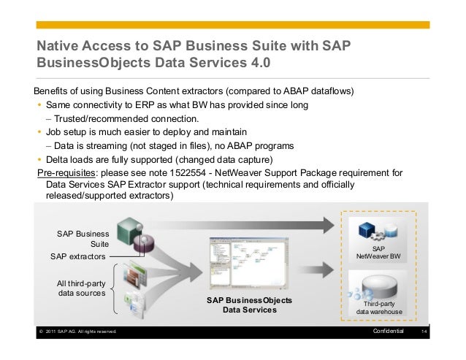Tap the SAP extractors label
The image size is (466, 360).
77,257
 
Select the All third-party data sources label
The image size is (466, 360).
81,288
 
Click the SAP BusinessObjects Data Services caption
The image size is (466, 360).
249,305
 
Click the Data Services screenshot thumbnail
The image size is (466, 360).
249,263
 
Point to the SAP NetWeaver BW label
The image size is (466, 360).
378,253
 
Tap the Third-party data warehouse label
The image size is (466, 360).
378,307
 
